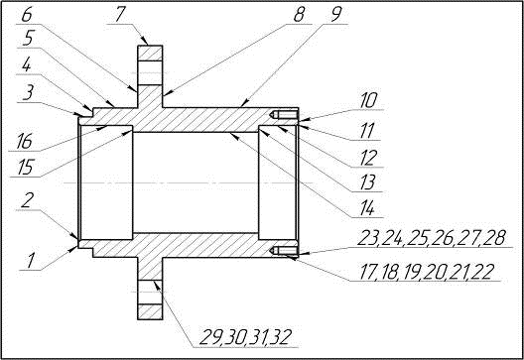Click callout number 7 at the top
tap(119, 15)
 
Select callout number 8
tap(299, 15)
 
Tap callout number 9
tap(335, 15)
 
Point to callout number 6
tap(28, 15)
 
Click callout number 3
tap(28, 94)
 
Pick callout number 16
tap(25, 142)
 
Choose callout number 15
tap(26, 168)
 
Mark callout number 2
tap(27, 200)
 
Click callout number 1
tap(31, 261)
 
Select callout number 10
tap(368, 100)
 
